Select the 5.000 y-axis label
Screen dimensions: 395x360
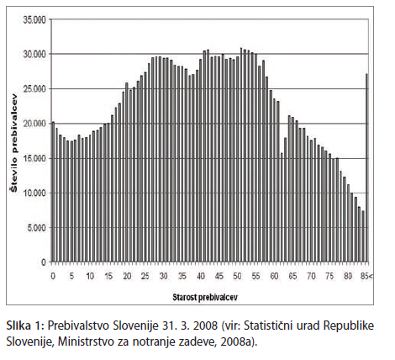37,228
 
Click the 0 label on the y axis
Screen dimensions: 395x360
44,262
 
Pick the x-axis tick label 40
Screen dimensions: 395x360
201,276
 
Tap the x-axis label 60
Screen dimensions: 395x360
275,276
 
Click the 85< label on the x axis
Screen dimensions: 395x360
366,276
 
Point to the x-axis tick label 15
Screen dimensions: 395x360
108,276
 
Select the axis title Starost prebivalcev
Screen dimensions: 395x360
205,297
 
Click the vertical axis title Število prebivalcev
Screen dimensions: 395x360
13,143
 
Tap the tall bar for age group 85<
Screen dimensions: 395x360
366,167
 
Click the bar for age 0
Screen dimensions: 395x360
53,192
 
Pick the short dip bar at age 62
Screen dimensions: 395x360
282,208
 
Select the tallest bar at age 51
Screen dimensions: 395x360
241,155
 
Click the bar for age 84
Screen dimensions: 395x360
363,236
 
